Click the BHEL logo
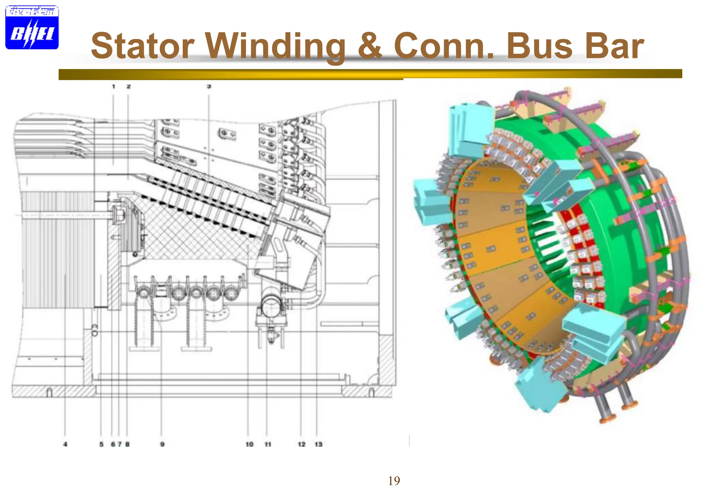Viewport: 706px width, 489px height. coord(32,28)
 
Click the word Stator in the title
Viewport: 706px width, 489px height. coord(142,46)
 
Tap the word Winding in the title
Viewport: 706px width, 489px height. coord(275,46)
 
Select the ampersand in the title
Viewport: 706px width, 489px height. coord(370,46)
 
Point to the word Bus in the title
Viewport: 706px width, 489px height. coord(539,46)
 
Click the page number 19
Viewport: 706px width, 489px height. coord(394,480)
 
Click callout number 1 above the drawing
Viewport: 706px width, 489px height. coord(113,86)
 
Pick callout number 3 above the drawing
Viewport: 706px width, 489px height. coord(209,86)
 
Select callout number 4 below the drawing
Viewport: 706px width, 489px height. coord(65,444)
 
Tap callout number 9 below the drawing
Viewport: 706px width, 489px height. coord(162,444)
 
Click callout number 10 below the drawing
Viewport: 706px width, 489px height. coord(249,444)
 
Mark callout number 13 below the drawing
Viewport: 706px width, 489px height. coord(318,444)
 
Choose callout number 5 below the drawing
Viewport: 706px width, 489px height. coord(101,444)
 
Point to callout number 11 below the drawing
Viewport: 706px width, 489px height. coord(268,444)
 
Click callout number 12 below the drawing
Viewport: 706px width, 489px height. coord(301,444)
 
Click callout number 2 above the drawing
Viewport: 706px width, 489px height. coord(129,86)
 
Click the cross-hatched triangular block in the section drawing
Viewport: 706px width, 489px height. coord(193,234)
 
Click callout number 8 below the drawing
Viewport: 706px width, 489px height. coord(127,444)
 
